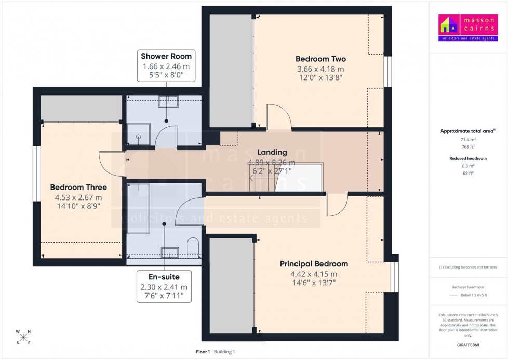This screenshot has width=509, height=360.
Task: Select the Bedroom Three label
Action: [78, 188]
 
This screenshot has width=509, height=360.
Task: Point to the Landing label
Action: [272, 152]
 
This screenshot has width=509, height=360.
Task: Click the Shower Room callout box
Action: [166, 65]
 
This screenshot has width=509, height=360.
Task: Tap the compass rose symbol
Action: [23, 337]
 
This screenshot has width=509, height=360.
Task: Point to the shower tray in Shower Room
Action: [139, 136]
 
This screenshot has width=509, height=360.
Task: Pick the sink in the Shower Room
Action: [168, 100]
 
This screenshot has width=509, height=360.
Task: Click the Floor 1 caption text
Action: [202, 352]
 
